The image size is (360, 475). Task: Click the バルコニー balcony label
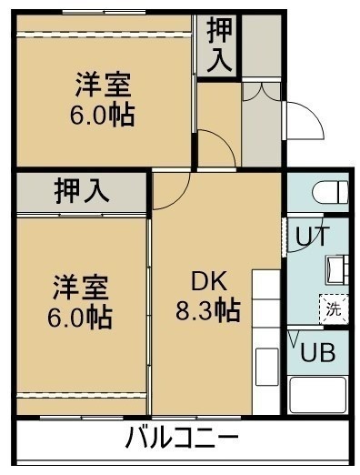point(182,437)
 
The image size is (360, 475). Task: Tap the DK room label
point(208,281)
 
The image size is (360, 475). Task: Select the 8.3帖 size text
point(208,310)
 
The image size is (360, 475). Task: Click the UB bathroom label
point(317,352)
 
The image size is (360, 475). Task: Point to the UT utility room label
point(312,236)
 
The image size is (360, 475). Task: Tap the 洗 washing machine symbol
point(334,308)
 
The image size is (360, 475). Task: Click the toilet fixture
point(330,192)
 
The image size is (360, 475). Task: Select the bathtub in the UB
point(318,394)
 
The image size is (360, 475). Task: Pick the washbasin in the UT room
point(337,269)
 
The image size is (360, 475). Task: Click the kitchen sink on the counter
point(266,367)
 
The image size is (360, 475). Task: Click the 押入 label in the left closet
point(81,192)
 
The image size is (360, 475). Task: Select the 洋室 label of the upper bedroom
point(103,85)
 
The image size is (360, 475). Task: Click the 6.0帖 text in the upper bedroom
point(103,116)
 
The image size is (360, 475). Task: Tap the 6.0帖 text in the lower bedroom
point(80,318)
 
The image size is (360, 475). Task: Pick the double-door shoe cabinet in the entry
point(261,91)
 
